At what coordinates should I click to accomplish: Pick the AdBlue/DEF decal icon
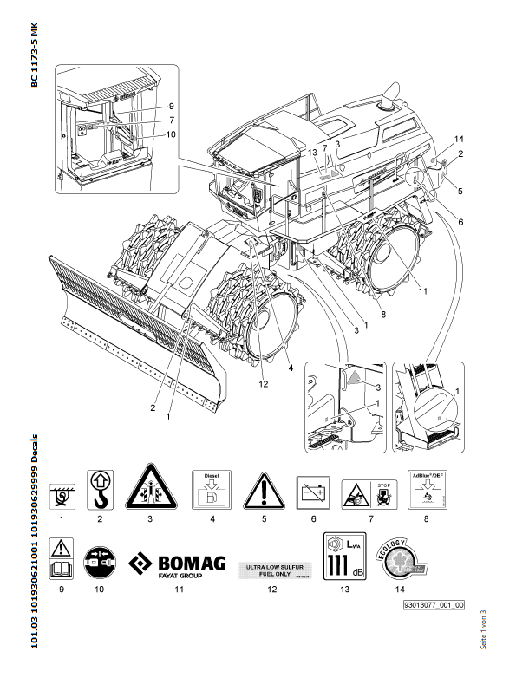[x=211, y=492]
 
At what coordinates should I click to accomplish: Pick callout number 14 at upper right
[x=460, y=140]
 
